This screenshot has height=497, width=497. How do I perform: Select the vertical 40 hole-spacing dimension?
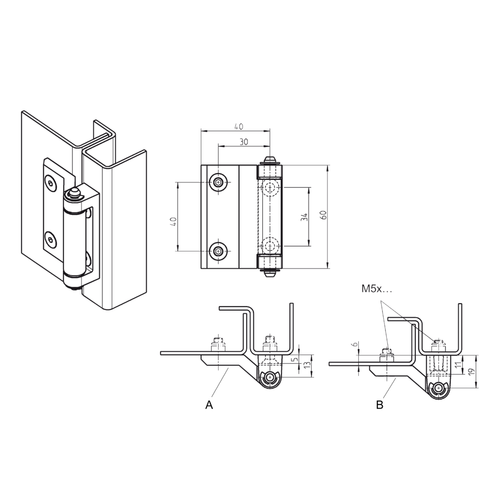coord(173,222)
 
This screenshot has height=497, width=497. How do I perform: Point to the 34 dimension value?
coord(304,217)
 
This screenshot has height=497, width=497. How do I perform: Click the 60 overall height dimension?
coord(324,215)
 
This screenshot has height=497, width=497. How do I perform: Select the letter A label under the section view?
coord(209,405)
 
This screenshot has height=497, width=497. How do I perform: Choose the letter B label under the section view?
coord(379,405)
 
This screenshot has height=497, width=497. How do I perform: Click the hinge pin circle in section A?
coord(270,378)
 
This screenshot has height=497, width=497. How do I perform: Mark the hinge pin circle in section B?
coord(439,390)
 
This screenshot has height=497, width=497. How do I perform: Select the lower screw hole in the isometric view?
coord(50,240)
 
